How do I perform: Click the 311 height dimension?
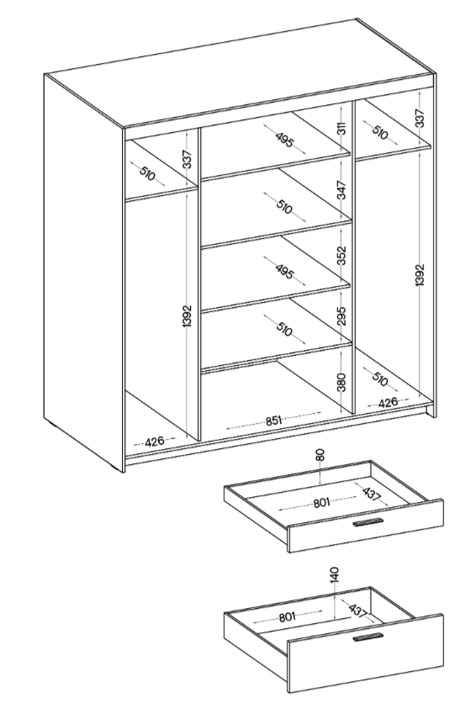[341, 128]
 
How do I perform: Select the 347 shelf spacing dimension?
[341, 190]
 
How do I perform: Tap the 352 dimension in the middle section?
[341, 255]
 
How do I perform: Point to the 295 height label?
[341, 315]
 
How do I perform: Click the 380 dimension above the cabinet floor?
[341, 382]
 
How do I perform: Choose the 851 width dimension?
[273, 420]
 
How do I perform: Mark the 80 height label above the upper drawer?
[319, 456]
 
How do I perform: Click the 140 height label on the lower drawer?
[335, 575]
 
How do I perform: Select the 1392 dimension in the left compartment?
[187, 316]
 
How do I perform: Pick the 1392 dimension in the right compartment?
[420, 275]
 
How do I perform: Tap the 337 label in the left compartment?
[187, 159]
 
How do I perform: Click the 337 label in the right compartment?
[420, 118]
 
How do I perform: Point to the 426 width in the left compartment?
[155, 441]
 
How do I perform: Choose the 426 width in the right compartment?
[388, 402]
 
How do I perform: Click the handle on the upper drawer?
[368, 522]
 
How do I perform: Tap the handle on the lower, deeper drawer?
[368, 637]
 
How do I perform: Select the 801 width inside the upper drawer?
[321, 503]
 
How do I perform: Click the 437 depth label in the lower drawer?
[357, 610]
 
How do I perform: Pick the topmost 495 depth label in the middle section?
[284, 140]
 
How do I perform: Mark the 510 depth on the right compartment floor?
[380, 379]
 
